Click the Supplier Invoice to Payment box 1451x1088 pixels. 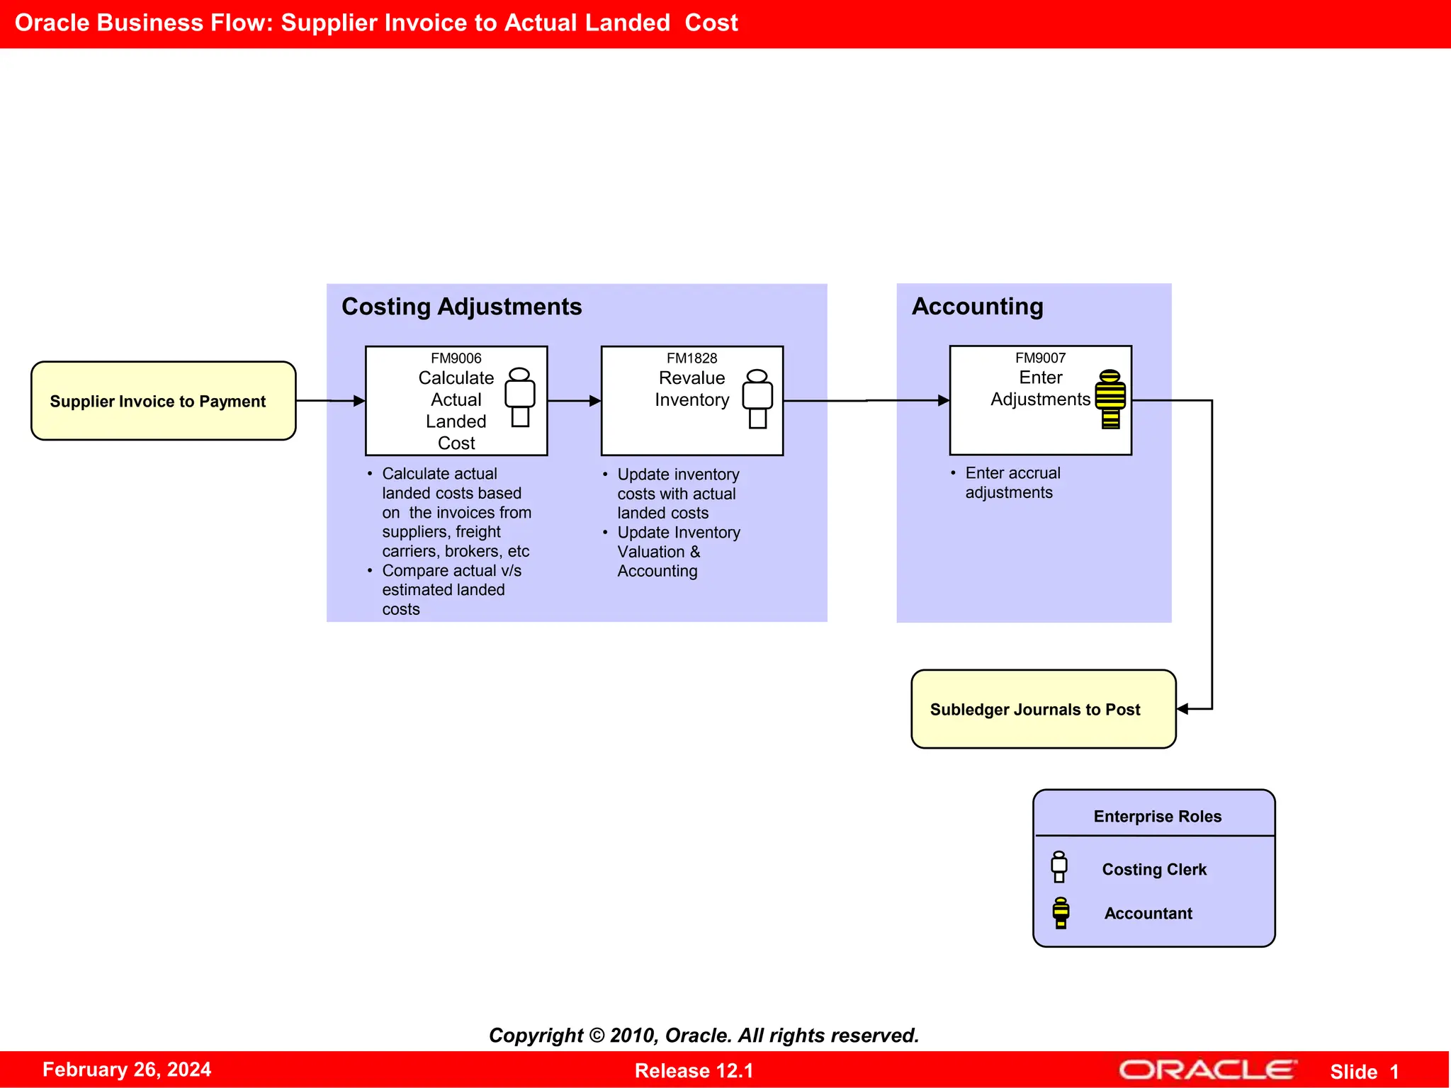pyautogui.click(x=163, y=401)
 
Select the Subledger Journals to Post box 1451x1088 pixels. pyautogui.click(x=1043, y=709)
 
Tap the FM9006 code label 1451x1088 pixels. pyautogui.click(x=456, y=358)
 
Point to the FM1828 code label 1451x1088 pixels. pyautogui.click(x=691, y=358)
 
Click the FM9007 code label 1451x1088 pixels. pyautogui.click(x=1040, y=358)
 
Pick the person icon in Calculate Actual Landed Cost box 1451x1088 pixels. pyautogui.click(x=520, y=397)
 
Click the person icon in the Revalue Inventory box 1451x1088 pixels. pyautogui.click(x=757, y=399)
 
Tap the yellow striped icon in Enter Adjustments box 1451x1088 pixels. pyautogui.click(x=1110, y=399)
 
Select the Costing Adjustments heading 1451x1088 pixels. pyautogui.click(x=461, y=307)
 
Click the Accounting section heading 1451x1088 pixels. pyautogui.click(x=977, y=306)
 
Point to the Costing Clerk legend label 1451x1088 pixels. pyautogui.click(x=1153, y=869)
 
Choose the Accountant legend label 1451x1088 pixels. pyautogui.click(x=1148, y=913)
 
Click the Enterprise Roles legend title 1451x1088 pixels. pyautogui.click(x=1157, y=816)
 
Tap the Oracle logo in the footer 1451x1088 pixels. pyautogui.click(x=1207, y=1070)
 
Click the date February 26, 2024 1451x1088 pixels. pyautogui.click(x=127, y=1070)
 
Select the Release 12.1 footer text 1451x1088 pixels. pyautogui.click(x=694, y=1070)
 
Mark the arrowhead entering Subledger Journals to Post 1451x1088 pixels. pyautogui.click(x=1182, y=709)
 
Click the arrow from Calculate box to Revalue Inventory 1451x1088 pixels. pyautogui.click(x=574, y=401)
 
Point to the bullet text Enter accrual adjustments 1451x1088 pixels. pyautogui.click(x=1012, y=482)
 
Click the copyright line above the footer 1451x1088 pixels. pyautogui.click(x=704, y=1035)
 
